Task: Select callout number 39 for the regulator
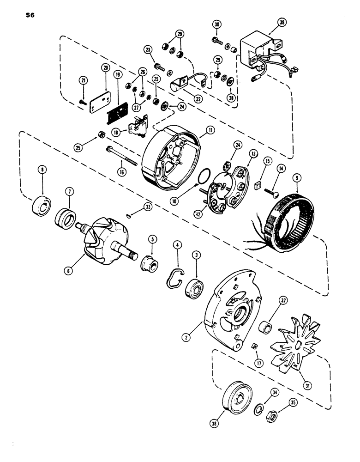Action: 282,22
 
